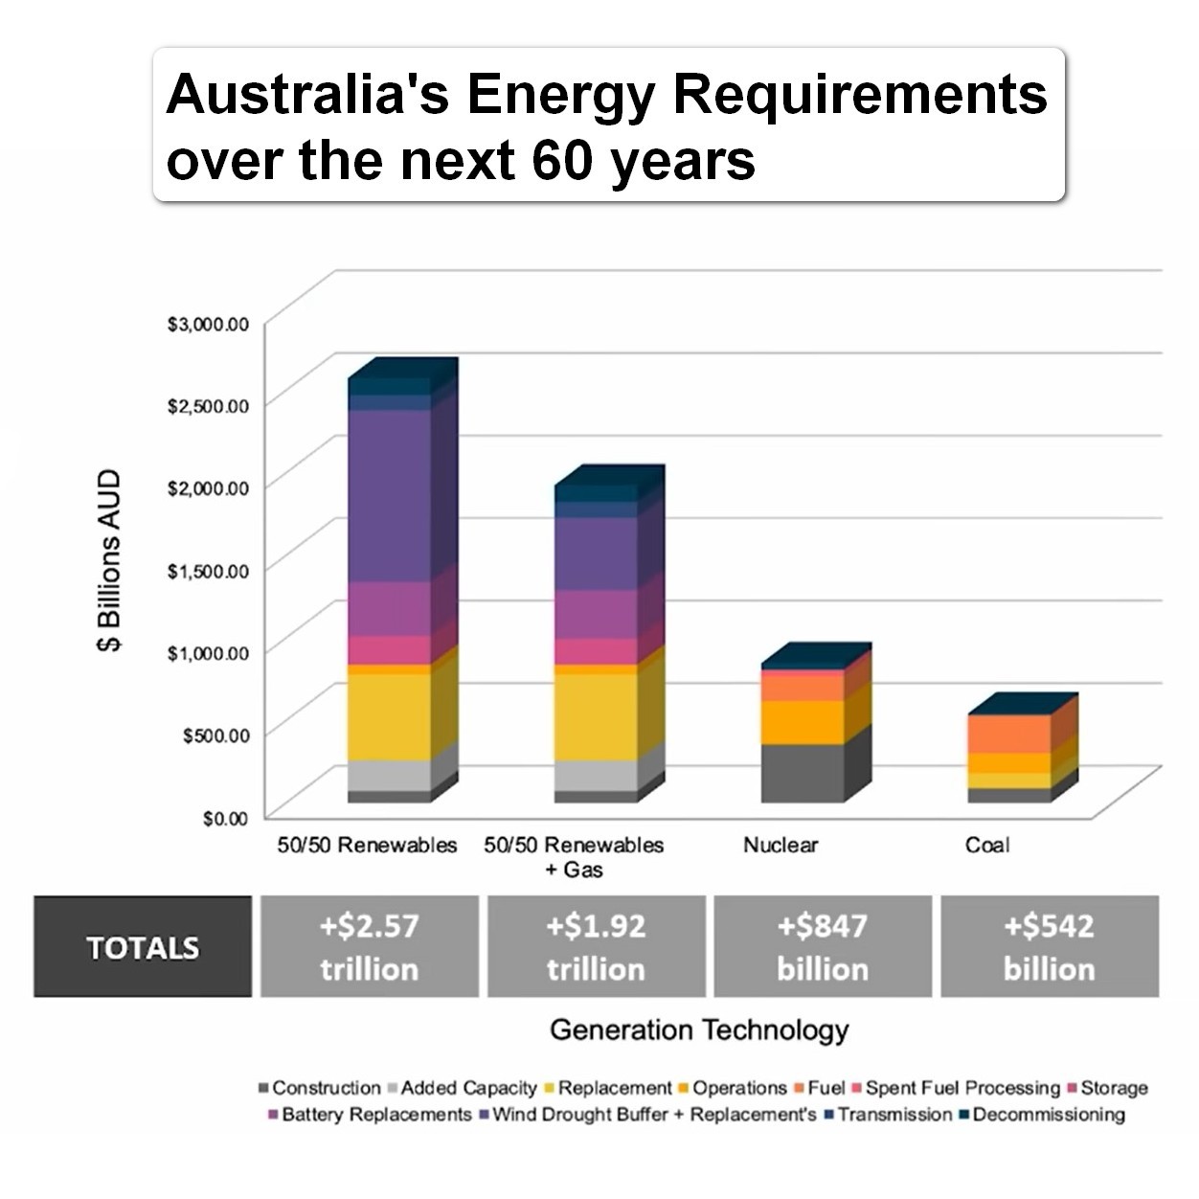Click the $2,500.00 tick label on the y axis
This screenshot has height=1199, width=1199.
[x=208, y=406]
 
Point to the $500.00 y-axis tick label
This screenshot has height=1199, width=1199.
[x=215, y=735]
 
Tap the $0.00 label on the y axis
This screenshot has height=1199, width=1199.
[x=225, y=818]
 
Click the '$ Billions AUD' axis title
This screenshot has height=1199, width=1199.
[x=109, y=560]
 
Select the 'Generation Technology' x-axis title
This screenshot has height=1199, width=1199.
[x=699, y=1030]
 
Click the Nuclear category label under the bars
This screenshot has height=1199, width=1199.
[x=780, y=845]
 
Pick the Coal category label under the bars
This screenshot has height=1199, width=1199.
[x=986, y=845]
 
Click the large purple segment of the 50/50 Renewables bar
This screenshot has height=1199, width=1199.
[x=389, y=495]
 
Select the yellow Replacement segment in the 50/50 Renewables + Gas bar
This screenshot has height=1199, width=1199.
[x=596, y=716]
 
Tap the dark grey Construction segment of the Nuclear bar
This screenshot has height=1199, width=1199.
[x=803, y=773]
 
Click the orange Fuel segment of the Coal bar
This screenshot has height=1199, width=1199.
[x=1009, y=734]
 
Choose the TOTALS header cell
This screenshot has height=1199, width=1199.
[x=143, y=947]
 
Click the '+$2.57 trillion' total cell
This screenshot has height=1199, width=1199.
[x=370, y=947]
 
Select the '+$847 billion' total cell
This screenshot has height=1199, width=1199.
[x=823, y=947]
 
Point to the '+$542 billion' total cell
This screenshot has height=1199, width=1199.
[x=1050, y=947]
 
